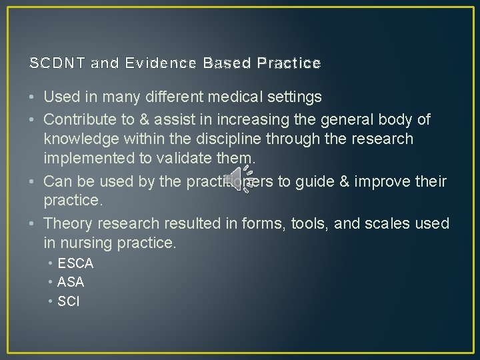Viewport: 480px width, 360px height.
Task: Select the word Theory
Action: pos(67,223)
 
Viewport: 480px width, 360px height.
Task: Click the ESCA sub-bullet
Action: pos(75,263)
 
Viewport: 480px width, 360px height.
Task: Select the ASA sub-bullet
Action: pos(71,282)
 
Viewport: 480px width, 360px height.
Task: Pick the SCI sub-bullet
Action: pos(68,301)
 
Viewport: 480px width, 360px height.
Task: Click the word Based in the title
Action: pos(227,63)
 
